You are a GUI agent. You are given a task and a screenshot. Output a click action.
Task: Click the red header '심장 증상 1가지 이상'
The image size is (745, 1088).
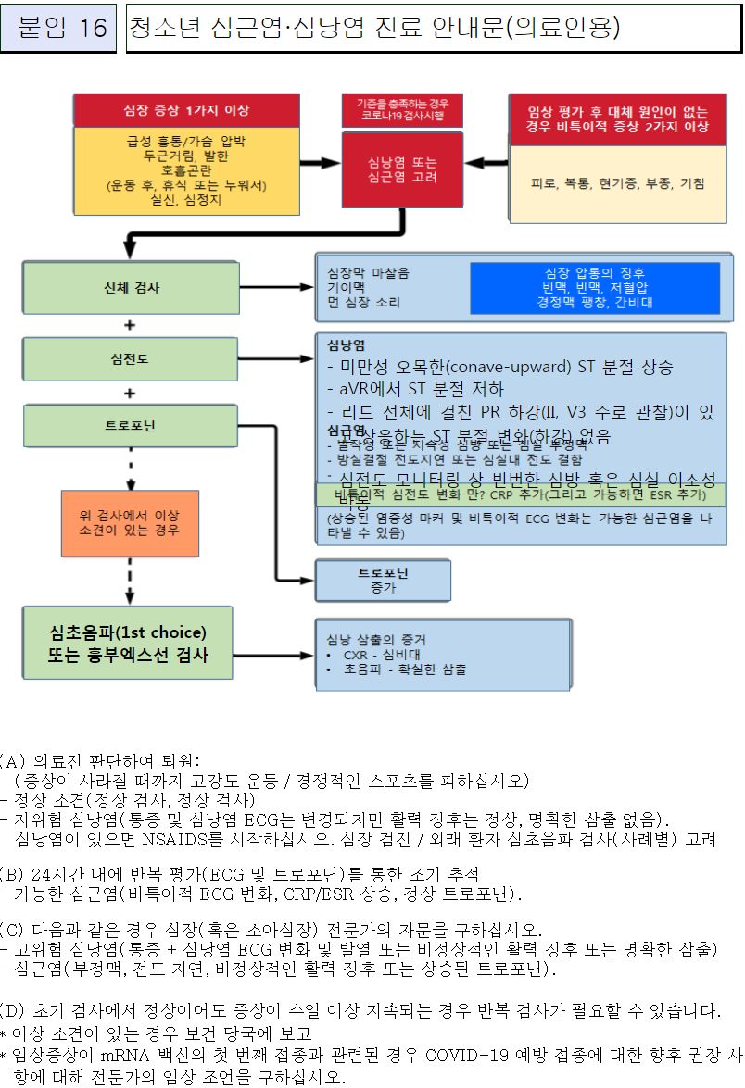coord(186,110)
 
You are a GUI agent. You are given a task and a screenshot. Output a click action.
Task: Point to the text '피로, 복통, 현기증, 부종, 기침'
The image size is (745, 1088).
coord(617,183)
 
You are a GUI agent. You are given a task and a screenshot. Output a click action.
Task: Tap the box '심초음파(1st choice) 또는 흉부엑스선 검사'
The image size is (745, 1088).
coord(129,644)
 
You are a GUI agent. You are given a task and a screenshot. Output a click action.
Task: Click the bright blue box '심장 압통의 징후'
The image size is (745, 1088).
coord(594,288)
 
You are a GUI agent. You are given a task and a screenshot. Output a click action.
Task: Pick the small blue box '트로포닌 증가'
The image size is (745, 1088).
coord(383,580)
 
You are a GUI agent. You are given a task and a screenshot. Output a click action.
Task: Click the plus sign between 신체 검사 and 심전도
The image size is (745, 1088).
coord(130,324)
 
